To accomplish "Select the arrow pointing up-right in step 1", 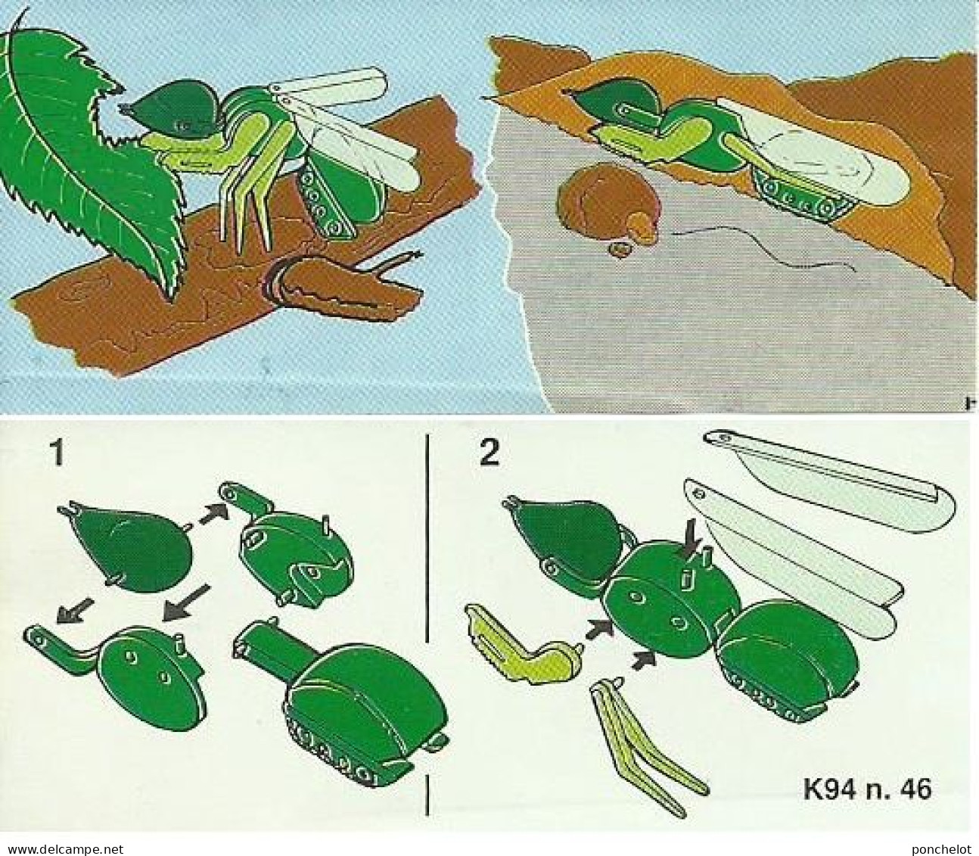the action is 210,516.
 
